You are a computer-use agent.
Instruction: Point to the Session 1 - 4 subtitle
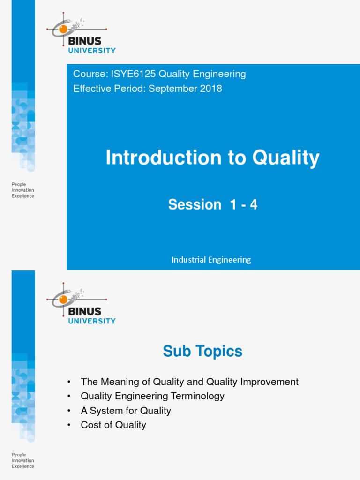tap(212, 204)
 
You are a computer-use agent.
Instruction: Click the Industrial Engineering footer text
tap(211, 260)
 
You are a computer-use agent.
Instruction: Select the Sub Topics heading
tap(202, 351)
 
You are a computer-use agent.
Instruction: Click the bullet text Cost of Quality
tap(113, 425)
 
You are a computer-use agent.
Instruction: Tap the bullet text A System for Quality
tap(126, 411)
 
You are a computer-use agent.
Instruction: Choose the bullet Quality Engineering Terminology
tap(152, 396)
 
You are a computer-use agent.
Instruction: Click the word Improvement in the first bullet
tap(269, 382)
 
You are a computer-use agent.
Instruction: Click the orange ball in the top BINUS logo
tap(63, 29)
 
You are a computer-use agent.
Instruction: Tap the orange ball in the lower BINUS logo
tap(63, 299)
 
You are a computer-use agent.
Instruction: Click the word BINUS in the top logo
tap(85, 41)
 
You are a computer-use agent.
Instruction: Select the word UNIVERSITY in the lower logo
tap(92, 321)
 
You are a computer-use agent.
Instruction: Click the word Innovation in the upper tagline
tap(22, 190)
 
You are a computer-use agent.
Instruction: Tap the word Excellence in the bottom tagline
tap(22, 466)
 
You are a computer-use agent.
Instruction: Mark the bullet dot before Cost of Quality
tap(69, 426)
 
